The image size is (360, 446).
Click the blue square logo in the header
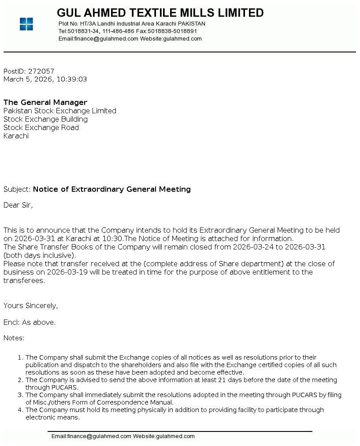26,24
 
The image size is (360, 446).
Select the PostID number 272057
41,71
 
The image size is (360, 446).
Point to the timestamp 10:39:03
72,79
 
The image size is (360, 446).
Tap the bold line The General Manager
45,103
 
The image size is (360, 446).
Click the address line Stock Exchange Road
41,128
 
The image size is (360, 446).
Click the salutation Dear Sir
18,205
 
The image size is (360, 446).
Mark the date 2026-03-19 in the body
67,272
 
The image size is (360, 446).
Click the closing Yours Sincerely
30,306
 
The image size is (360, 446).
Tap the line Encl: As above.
30,323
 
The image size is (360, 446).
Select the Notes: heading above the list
14,338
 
